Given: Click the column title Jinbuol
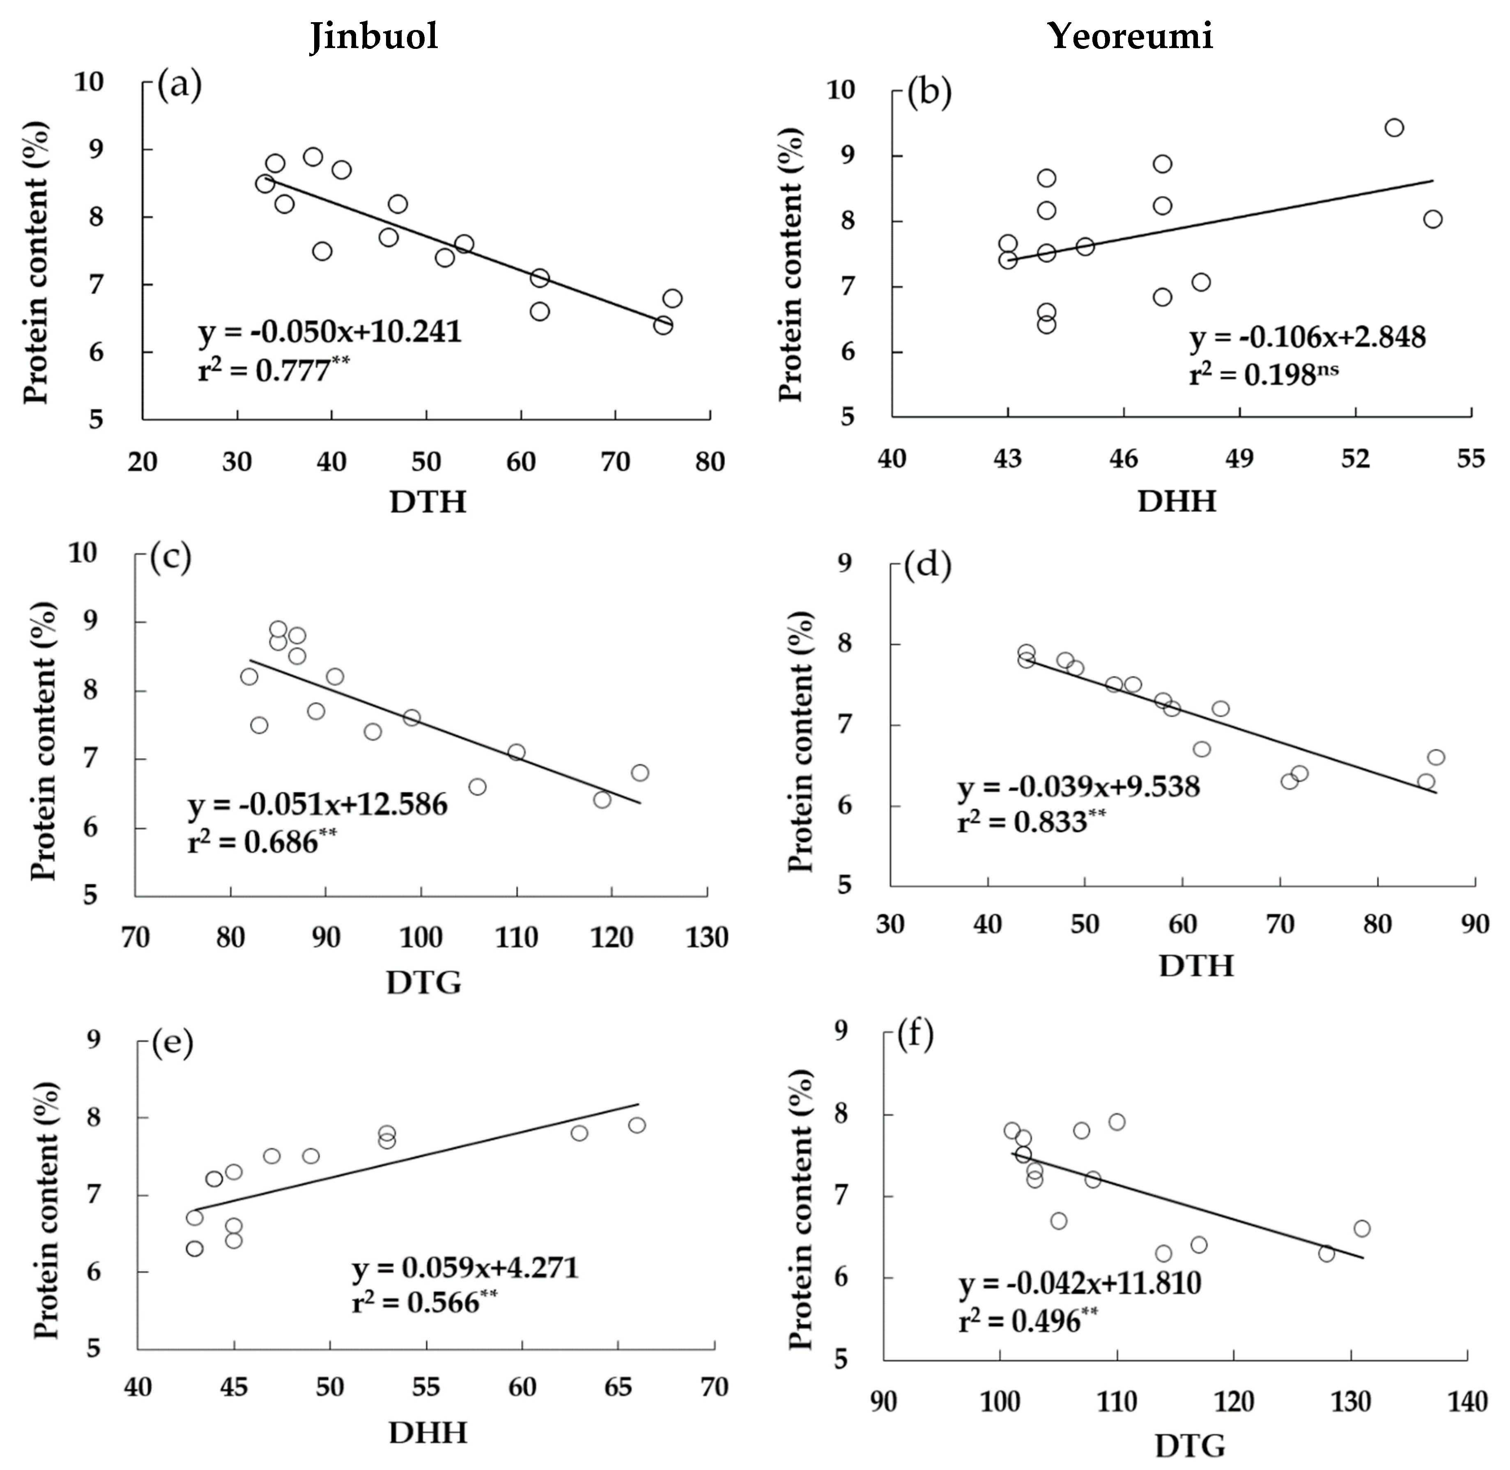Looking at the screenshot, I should (375, 36).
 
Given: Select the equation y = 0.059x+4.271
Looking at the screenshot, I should (466, 1268).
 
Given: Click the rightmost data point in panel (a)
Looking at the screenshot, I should (672, 298).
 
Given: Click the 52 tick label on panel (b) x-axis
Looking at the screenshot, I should (1356, 459).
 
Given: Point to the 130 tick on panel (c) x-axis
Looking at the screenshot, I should (708, 938).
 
